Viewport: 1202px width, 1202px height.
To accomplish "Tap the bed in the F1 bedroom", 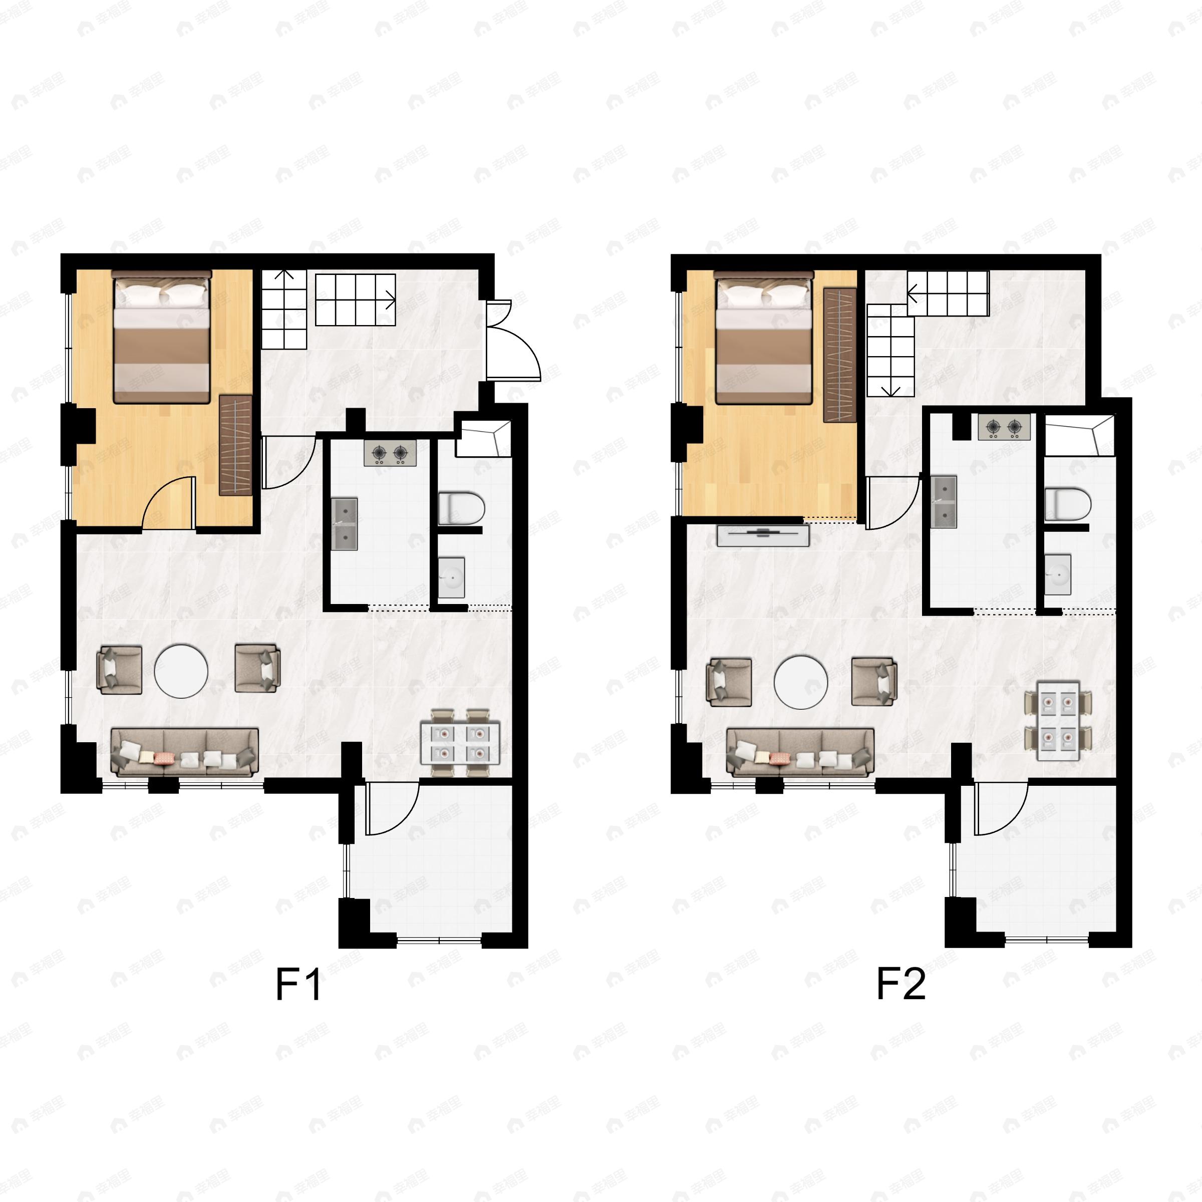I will coord(161,337).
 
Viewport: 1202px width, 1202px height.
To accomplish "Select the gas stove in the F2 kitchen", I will coord(1004,427).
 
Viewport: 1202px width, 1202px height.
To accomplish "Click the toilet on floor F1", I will coord(460,508).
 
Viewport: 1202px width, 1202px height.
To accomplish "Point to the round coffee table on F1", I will coord(181,670).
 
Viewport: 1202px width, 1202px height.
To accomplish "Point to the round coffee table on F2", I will coord(801,681).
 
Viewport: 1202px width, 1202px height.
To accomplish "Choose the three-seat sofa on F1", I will coord(185,752).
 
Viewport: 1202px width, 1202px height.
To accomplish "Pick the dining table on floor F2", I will coord(1058,721).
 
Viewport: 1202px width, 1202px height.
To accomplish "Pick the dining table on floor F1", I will coord(460,743).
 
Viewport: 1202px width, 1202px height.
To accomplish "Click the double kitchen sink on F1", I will coord(344,523).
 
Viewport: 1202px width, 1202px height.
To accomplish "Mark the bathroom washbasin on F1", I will coord(451,577).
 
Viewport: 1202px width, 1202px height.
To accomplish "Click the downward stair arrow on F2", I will coord(891,390).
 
